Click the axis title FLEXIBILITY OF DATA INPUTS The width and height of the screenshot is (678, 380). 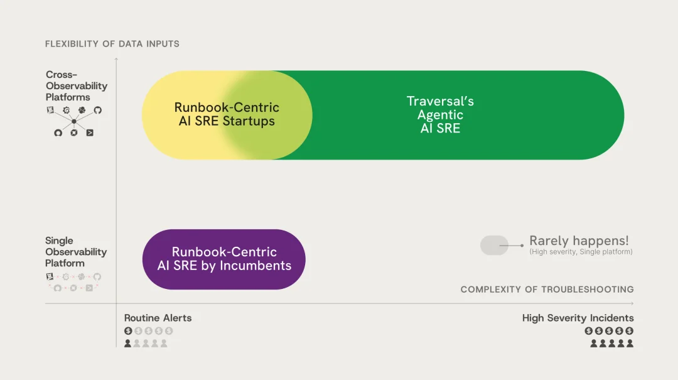click(x=112, y=44)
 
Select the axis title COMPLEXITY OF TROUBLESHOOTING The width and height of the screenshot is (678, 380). click(x=547, y=290)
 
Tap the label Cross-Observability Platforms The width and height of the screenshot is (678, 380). click(x=77, y=86)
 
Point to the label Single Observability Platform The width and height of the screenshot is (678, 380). click(x=76, y=252)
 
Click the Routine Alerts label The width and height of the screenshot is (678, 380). click(x=158, y=318)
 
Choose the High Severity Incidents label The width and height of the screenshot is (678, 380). click(x=578, y=318)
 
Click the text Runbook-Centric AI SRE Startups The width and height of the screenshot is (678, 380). click(x=227, y=114)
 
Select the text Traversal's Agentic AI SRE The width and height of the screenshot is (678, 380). click(x=440, y=114)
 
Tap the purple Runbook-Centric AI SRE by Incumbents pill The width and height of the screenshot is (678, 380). click(x=224, y=259)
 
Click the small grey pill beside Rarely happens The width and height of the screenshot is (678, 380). click(x=494, y=245)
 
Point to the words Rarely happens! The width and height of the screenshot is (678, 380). click(x=579, y=241)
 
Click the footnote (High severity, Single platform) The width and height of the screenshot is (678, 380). click(x=581, y=252)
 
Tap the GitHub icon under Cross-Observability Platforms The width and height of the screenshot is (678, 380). click(x=98, y=110)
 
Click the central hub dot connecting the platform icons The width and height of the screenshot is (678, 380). click(x=74, y=121)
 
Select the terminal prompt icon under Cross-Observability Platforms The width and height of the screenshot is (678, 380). click(x=90, y=133)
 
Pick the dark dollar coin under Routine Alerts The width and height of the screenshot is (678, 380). click(x=128, y=331)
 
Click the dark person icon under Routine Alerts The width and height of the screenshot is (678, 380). click(x=128, y=344)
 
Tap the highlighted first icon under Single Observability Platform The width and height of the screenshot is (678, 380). click(x=50, y=276)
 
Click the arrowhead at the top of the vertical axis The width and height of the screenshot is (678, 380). click(x=116, y=59)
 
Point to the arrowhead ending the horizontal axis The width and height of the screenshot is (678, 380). click(x=632, y=304)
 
